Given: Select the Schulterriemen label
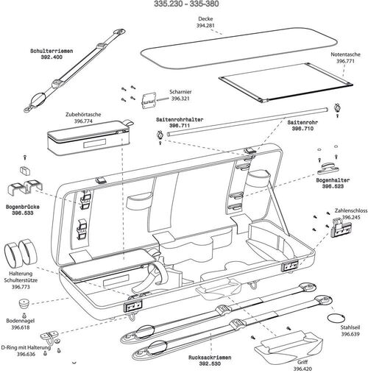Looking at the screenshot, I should tap(52, 51).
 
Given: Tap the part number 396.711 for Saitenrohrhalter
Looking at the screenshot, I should tap(180, 125).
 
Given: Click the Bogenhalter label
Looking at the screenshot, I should tap(333, 179).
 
